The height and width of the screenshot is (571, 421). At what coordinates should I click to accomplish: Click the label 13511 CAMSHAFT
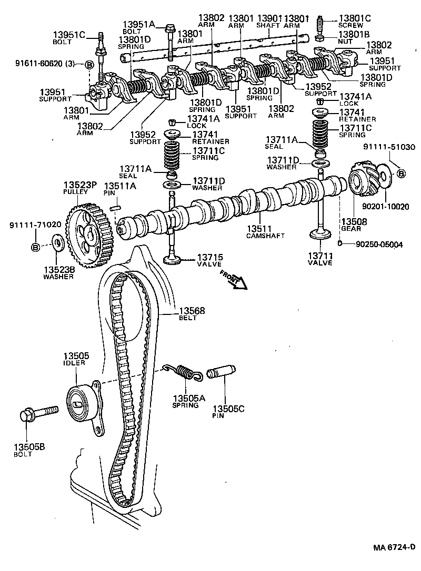click(x=265, y=232)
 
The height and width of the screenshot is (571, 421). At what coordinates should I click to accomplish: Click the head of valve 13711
click(x=320, y=236)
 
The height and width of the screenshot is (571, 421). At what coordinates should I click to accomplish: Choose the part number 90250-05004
click(x=379, y=244)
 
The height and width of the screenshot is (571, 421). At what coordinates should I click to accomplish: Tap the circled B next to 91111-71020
click(x=36, y=247)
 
